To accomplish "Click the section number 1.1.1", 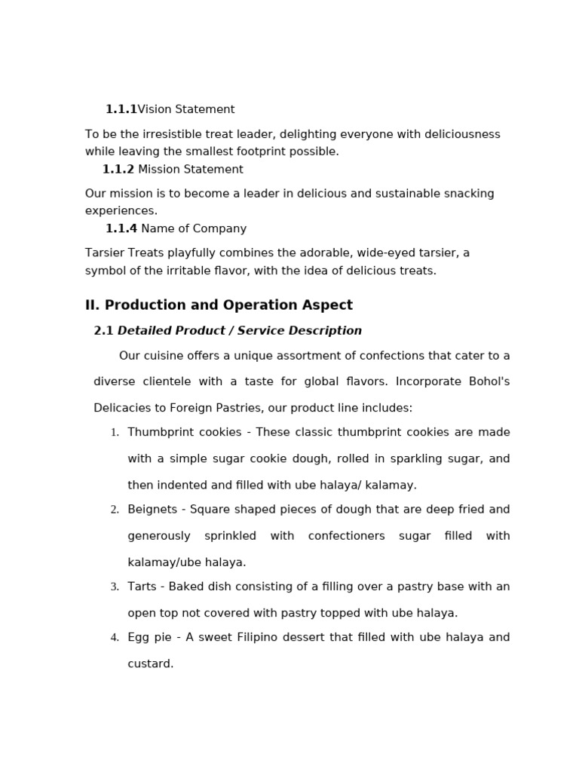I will click(121, 109).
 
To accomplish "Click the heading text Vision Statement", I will click(186, 109).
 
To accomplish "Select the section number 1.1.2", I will click(118, 170).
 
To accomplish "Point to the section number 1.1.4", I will click(121, 228).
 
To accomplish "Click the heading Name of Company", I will click(194, 228).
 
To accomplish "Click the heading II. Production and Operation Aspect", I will click(219, 305).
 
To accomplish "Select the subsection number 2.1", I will click(103, 331).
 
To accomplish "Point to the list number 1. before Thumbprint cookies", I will click(115, 433).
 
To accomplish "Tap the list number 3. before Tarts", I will click(115, 587).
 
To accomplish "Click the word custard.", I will click(150, 664).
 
